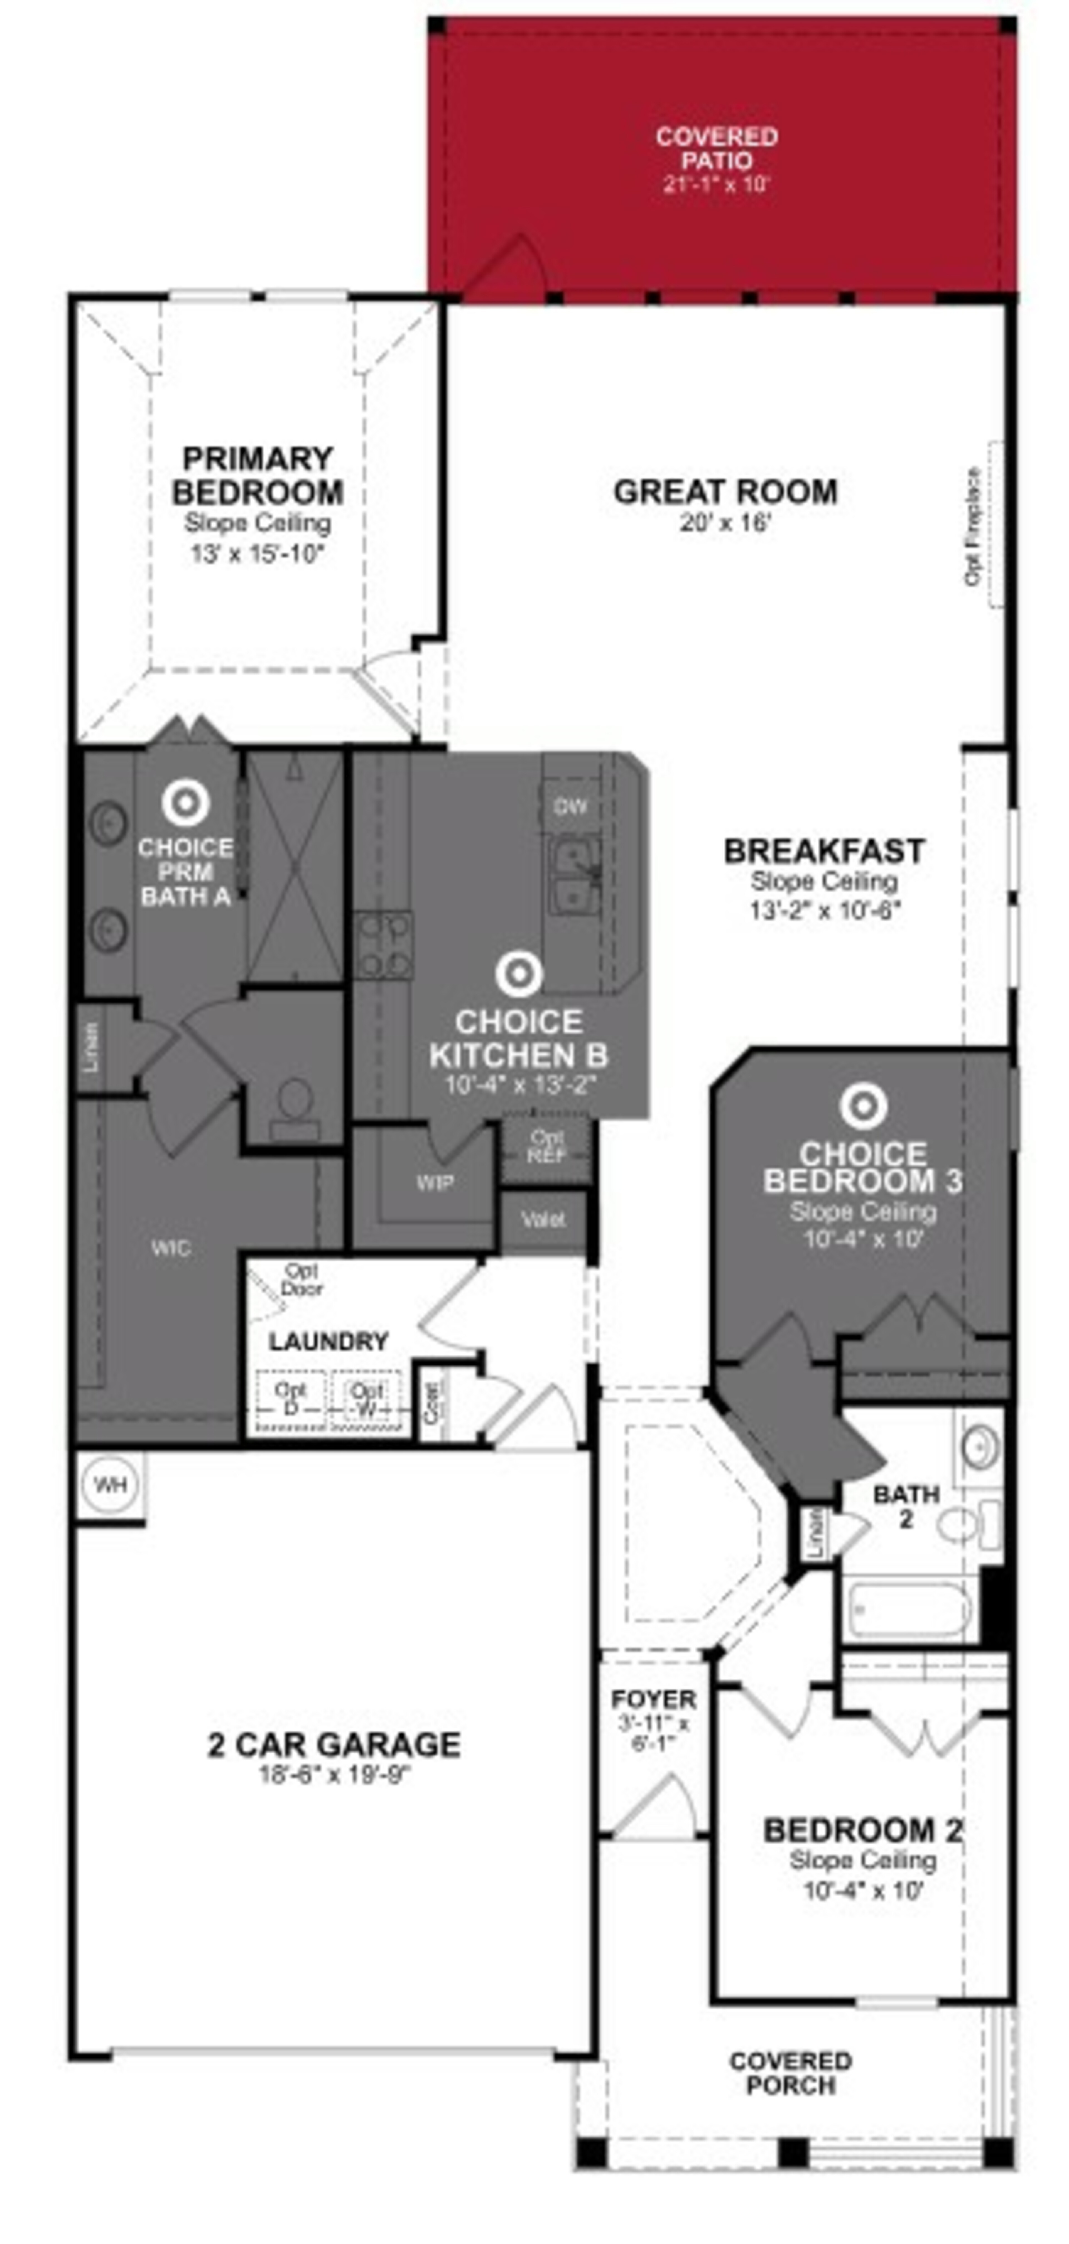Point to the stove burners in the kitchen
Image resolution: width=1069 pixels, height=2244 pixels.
pyautogui.click(x=383, y=945)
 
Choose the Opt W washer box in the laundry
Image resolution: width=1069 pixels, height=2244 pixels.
pyautogui.click(x=367, y=1399)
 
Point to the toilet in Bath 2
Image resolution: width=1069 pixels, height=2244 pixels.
pyautogui.click(x=958, y=1524)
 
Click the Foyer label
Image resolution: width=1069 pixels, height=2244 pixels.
pyautogui.click(x=653, y=1699)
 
